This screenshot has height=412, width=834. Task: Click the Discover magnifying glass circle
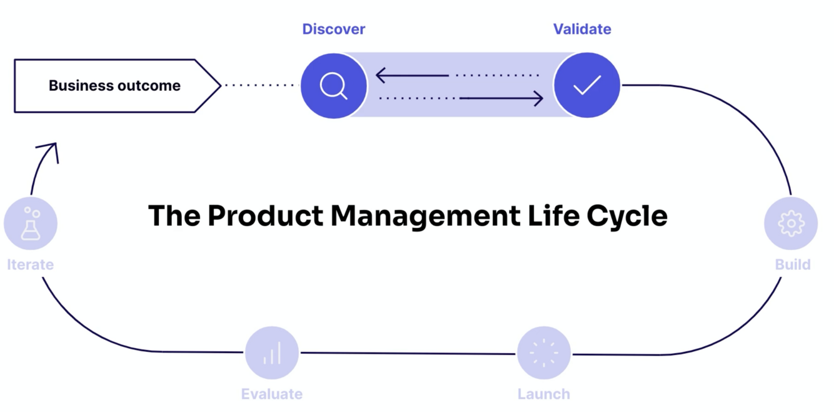334,85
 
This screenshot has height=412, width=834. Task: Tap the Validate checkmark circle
586,85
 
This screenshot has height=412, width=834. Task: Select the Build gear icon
791,224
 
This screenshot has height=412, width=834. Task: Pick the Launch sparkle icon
544,353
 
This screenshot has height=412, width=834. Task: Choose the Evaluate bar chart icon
272,353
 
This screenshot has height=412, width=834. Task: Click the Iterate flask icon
31,224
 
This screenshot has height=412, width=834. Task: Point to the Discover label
333,29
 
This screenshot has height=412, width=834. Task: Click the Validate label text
582,29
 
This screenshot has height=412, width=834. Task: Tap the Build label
792,264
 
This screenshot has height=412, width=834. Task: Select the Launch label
543,394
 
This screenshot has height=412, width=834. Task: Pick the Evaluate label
271,394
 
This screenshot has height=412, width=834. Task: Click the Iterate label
30,264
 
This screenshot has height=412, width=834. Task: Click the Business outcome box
115,86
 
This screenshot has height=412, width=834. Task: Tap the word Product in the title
265,216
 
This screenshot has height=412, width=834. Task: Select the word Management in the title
424,216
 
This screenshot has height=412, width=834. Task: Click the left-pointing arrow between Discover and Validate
413,76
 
